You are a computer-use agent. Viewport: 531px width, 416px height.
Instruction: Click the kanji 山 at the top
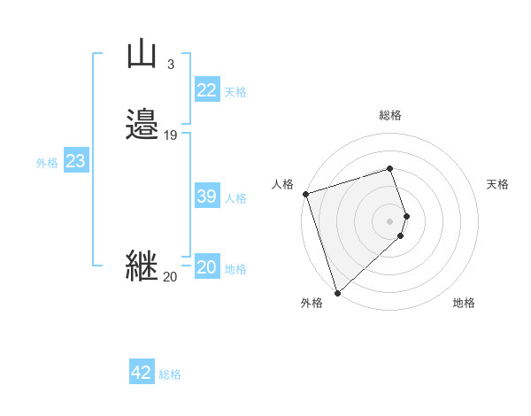click(142, 55)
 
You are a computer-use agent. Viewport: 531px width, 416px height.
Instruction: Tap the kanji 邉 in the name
click(142, 126)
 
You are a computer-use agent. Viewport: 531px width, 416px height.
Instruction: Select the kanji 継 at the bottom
click(142, 266)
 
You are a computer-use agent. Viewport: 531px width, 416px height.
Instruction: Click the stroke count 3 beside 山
click(170, 64)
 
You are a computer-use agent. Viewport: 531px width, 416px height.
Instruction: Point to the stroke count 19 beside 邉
click(170, 135)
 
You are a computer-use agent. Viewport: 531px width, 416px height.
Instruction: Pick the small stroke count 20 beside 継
click(170, 277)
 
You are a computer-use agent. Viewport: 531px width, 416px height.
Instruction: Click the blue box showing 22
click(206, 90)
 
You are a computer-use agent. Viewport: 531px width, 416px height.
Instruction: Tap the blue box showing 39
click(206, 196)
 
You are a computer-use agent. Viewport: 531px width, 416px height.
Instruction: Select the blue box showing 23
click(75, 161)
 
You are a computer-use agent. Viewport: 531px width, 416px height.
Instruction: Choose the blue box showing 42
click(142, 373)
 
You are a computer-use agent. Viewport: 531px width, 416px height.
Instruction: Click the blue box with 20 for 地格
click(206, 267)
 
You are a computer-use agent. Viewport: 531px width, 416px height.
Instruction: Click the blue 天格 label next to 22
click(235, 92)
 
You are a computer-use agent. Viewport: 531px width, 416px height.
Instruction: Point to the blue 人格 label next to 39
click(235, 198)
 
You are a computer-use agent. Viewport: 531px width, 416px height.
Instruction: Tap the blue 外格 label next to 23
click(47, 163)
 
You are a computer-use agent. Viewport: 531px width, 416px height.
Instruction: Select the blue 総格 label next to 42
click(170, 374)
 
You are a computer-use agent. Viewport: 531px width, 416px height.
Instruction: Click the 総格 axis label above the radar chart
click(390, 115)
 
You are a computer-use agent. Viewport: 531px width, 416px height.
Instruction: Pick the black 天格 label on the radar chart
click(497, 184)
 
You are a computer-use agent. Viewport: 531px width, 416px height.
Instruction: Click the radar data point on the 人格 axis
click(305, 194)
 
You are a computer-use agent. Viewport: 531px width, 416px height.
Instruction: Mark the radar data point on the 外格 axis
click(337, 292)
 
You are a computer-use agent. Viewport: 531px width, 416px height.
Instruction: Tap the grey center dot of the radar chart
click(390, 220)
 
